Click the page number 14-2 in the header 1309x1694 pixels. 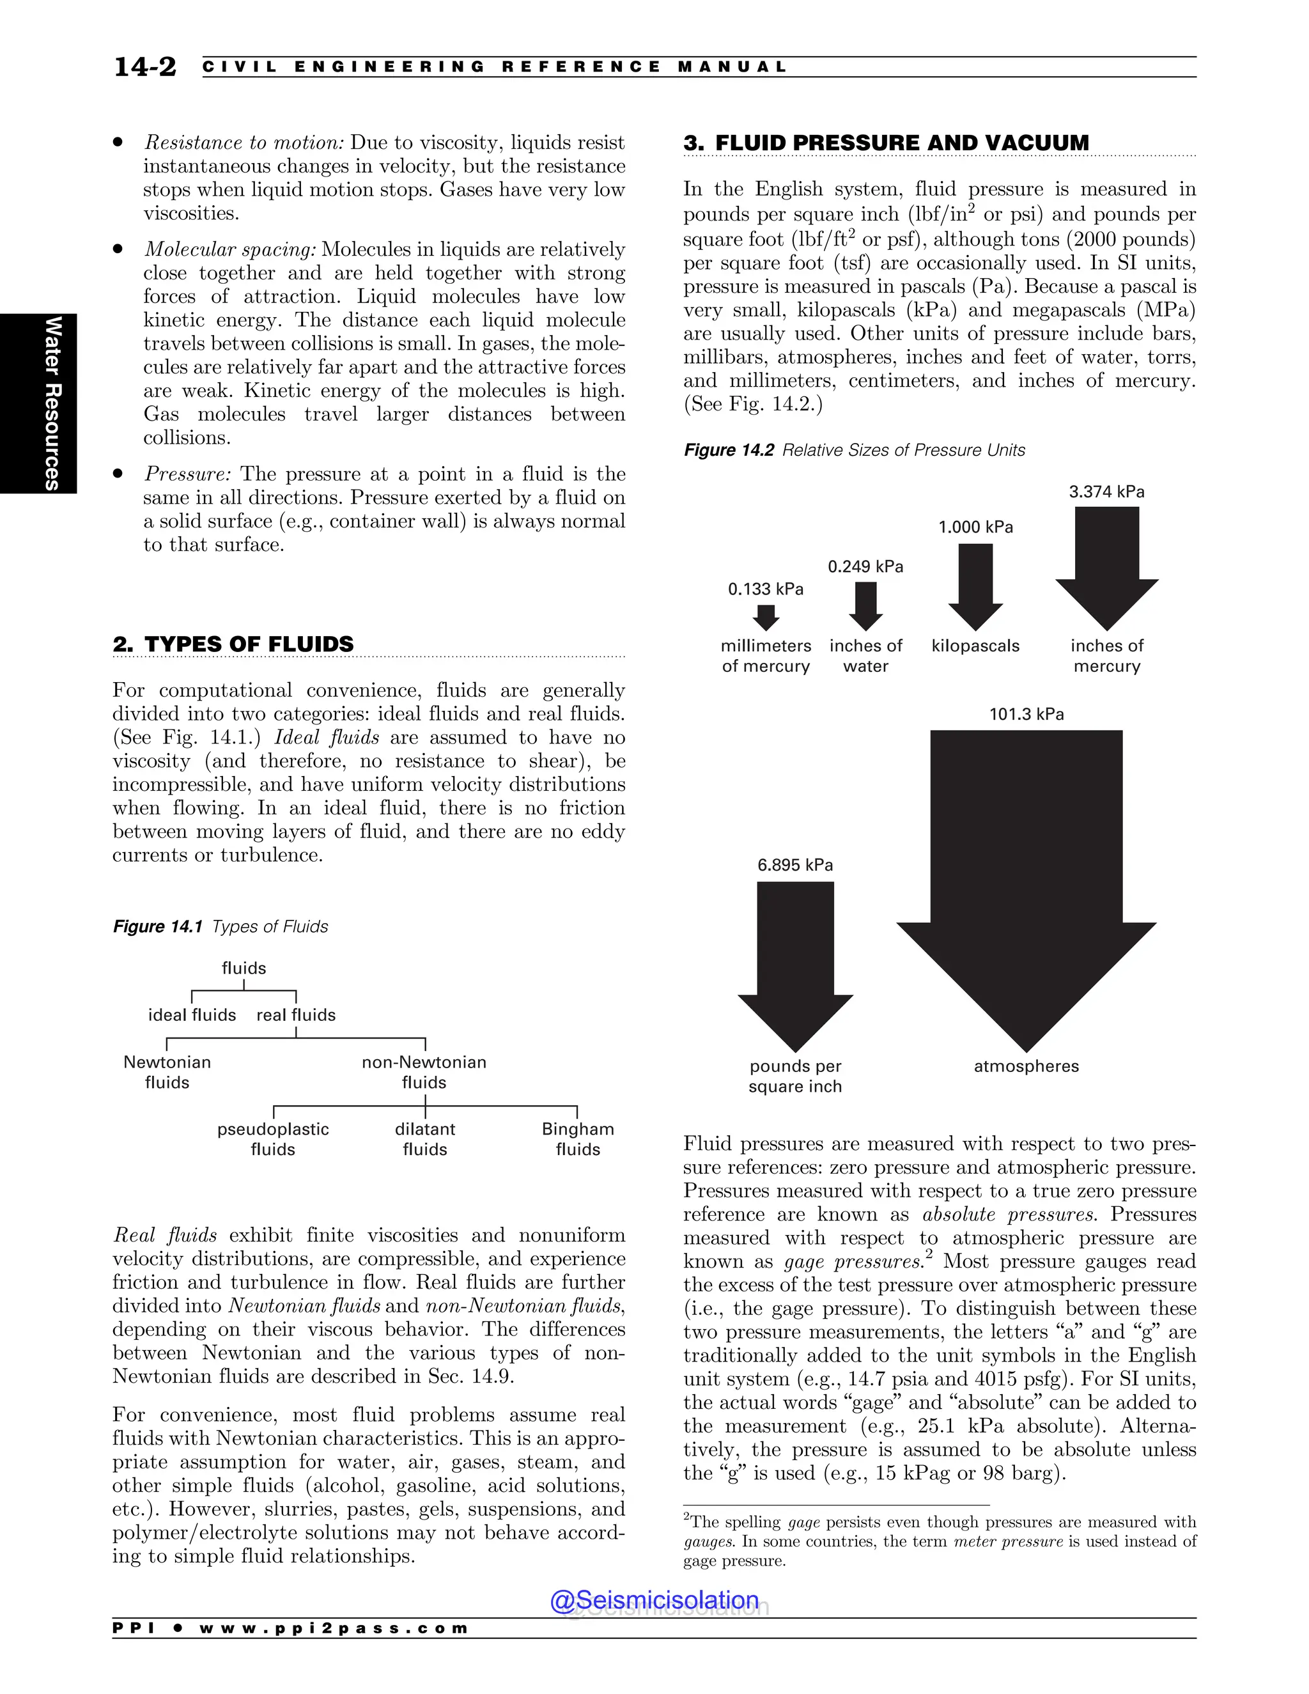[145, 66]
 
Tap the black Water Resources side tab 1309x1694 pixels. [39, 403]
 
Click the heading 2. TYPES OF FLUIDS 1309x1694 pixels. [233, 644]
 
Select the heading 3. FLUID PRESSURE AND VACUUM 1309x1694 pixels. [886, 143]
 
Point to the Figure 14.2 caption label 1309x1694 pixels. [728, 450]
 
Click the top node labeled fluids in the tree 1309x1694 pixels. [244, 968]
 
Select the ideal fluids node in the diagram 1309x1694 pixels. [192, 1014]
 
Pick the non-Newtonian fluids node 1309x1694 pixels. [424, 1072]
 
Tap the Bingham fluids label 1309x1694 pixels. [578, 1138]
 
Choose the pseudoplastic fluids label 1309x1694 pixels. [273, 1138]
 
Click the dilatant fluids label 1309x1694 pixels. [425, 1138]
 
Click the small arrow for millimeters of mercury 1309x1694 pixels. [766, 618]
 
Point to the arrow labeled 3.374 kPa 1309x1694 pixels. [1106, 566]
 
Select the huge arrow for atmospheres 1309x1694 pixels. [1026, 869]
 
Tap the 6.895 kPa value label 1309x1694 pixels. [795, 865]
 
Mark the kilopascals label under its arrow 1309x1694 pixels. [975, 646]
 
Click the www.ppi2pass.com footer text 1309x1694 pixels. [334, 1628]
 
